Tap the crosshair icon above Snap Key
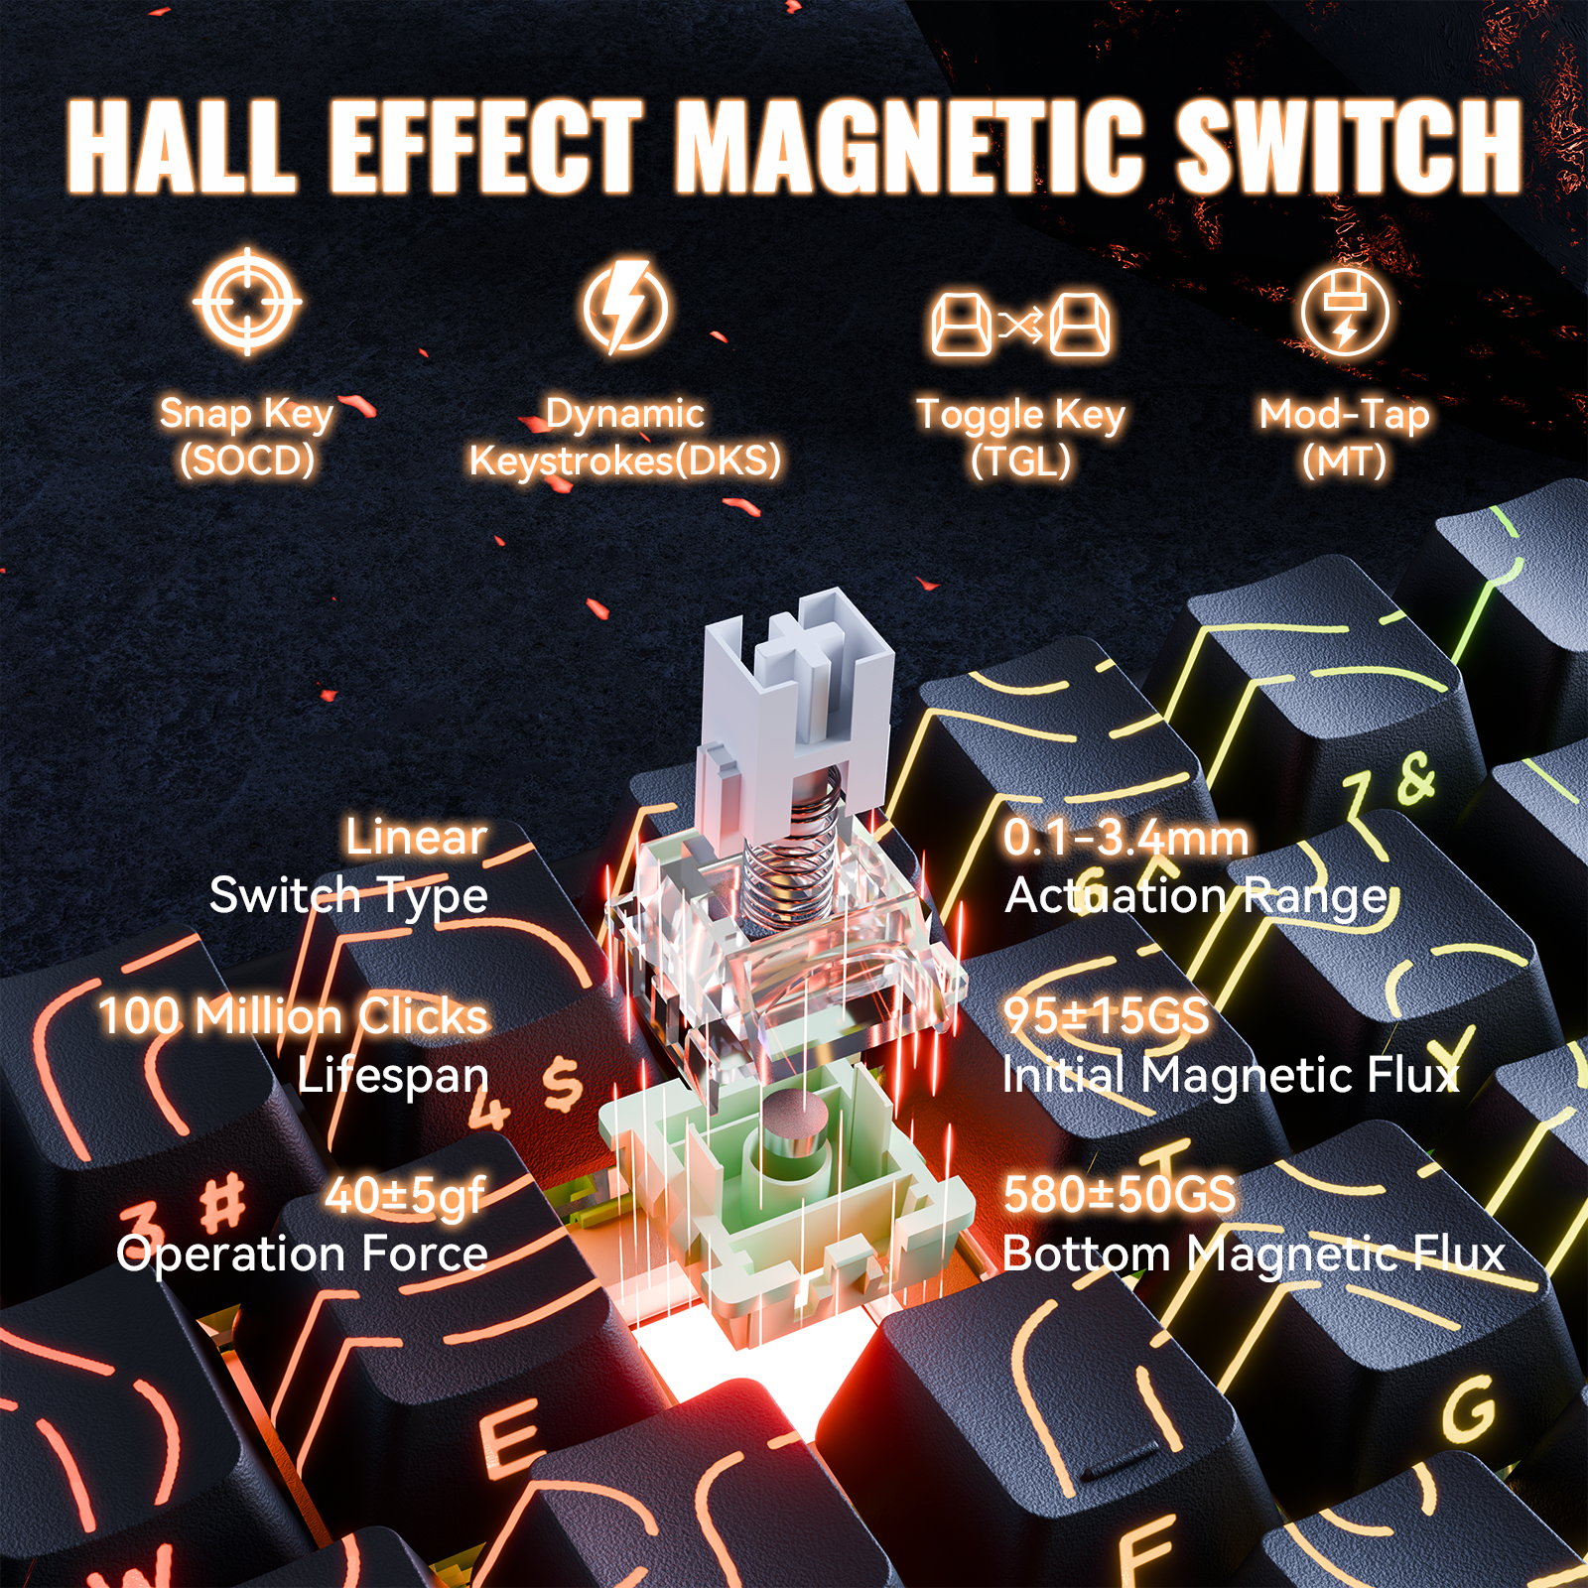[247, 302]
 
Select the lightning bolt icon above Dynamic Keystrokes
[625, 307]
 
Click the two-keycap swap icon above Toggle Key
[1021, 323]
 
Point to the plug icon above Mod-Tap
[1345, 313]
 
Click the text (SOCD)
[247, 461]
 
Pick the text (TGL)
[1021, 461]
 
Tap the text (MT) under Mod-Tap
[1345, 461]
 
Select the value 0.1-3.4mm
[1125, 838]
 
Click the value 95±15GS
[1106, 1015]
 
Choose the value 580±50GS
[1120, 1194]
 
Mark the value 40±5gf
[406, 1195]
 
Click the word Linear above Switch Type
[417, 837]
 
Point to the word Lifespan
[393, 1076]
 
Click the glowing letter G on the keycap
[1469, 1409]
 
